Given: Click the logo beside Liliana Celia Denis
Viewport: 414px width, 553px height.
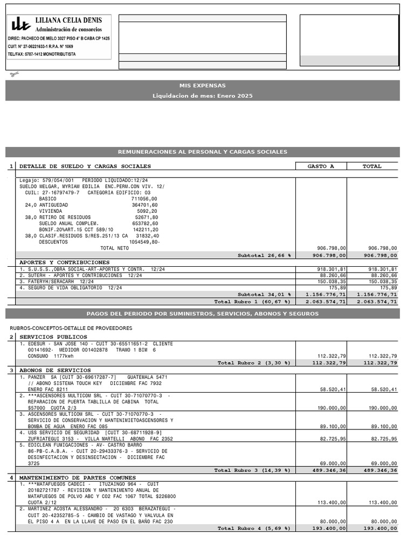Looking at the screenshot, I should [x=21, y=23].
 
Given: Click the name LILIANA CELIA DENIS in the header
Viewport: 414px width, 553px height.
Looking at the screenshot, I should [x=68, y=20].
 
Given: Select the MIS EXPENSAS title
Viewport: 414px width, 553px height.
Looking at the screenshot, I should [x=203, y=85].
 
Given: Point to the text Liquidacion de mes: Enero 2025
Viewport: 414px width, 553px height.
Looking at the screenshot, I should [x=203, y=96].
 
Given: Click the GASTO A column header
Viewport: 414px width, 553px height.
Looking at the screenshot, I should [x=321, y=166].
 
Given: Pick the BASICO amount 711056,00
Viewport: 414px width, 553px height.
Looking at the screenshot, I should [x=144, y=199].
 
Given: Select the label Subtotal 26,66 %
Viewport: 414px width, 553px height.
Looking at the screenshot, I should [x=264, y=255].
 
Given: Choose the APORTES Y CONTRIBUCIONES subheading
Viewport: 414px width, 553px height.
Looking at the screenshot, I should [x=64, y=262].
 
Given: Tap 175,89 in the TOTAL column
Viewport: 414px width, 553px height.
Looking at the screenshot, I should [x=388, y=288].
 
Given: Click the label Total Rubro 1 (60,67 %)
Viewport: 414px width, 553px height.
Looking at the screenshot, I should [x=252, y=302].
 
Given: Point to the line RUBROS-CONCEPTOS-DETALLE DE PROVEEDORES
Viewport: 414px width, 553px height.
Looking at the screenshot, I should [x=71, y=328].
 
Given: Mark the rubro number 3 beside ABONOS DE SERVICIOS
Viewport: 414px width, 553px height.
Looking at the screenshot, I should [x=11, y=370].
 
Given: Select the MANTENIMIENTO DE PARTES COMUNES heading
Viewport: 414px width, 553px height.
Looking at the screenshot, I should [x=79, y=478].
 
